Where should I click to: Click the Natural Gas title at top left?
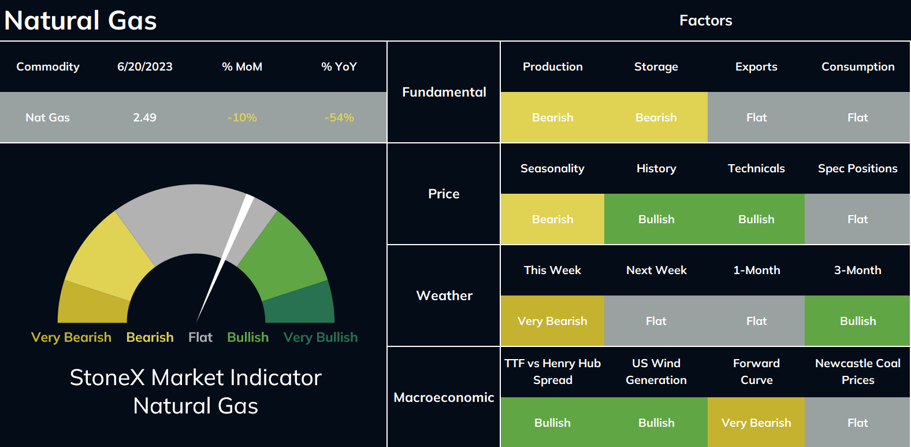click(x=80, y=20)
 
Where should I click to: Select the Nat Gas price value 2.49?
click(x=145, y=117)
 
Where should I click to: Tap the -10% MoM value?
click(x=242, y=117)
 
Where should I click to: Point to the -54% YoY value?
click(x=339, y=117)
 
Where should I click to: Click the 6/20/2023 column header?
click(x=145, y=67)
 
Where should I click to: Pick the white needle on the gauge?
click(x=225, y=258)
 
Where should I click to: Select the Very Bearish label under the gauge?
click(x=71, y=337)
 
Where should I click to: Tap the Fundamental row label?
click(x=444, y=92)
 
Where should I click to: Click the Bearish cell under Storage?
click(x=656, y=117)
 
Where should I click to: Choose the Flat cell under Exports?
click(x=756, y=117)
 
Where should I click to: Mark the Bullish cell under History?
click(x=656, y=219)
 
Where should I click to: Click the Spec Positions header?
click(x=858, y=168)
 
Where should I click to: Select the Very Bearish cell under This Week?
click(x=552, y=321)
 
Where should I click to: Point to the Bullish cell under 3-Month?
click(x=858, y=321)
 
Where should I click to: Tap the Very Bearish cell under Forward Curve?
click(x=756, y=422)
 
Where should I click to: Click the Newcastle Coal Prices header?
click(x=858, y=371)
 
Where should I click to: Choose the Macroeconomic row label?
click(x=444, y=397)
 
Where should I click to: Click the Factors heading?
click(x=705, y=20)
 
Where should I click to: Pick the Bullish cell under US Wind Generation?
click(x=656, y=422)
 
